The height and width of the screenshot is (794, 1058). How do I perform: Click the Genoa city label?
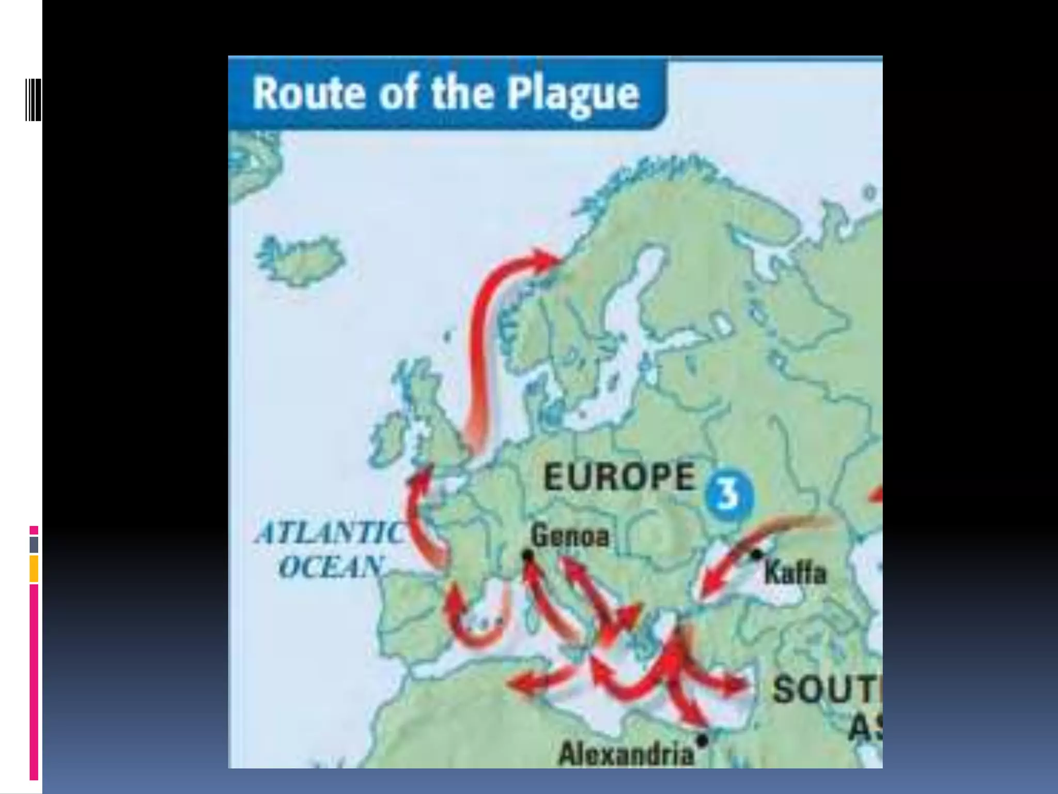coord(570,536)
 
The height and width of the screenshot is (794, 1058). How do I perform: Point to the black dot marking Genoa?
coord(527,555)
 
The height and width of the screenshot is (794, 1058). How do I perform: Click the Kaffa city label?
coord(795,573)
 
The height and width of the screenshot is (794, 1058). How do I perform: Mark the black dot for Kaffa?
coord(756,555)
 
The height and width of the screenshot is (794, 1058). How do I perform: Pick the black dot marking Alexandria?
coord(702,740)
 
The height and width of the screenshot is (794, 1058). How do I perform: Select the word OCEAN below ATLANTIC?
coord(331,567)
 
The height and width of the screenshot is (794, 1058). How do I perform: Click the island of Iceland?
coord(300,261)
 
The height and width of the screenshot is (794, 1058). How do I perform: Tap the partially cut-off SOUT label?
coord(827,690)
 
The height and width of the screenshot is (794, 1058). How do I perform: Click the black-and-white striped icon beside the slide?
coord(33,100)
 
